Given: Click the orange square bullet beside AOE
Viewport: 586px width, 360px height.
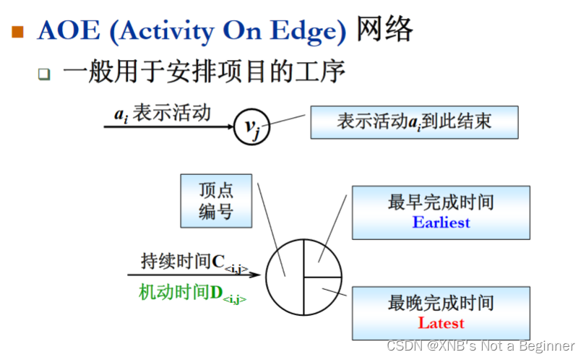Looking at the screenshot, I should (17, 33).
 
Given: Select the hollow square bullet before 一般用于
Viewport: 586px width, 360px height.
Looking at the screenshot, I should (45, 74).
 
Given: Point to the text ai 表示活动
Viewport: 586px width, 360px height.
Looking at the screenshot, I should (163, 113).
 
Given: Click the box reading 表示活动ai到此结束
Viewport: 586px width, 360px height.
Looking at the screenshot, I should (414, 121).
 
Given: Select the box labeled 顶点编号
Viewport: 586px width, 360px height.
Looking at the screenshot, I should (216, 201).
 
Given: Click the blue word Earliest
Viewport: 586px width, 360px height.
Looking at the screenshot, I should (441, 222).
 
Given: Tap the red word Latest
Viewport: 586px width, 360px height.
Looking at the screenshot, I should (441, 323).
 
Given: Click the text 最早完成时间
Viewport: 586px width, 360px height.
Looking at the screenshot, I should (441, 202).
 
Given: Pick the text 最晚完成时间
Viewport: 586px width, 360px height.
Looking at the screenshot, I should (441, 303).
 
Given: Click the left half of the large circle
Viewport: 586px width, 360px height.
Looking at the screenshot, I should (285, 277).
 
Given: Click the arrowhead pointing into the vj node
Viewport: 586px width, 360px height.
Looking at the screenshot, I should (229, 128).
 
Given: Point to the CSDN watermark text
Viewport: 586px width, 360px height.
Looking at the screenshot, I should (481, 346).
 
